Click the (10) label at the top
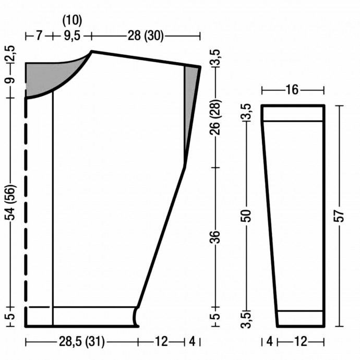coord(72,20)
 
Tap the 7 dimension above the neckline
coord(39,36)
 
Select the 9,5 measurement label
coord(72,36)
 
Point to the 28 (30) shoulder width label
coord(146,36)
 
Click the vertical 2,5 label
coord(10,54)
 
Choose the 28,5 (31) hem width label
coord(82,342)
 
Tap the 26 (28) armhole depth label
coord(215,117)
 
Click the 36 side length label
coord(215,237)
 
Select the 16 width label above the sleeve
coord(292,90)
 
